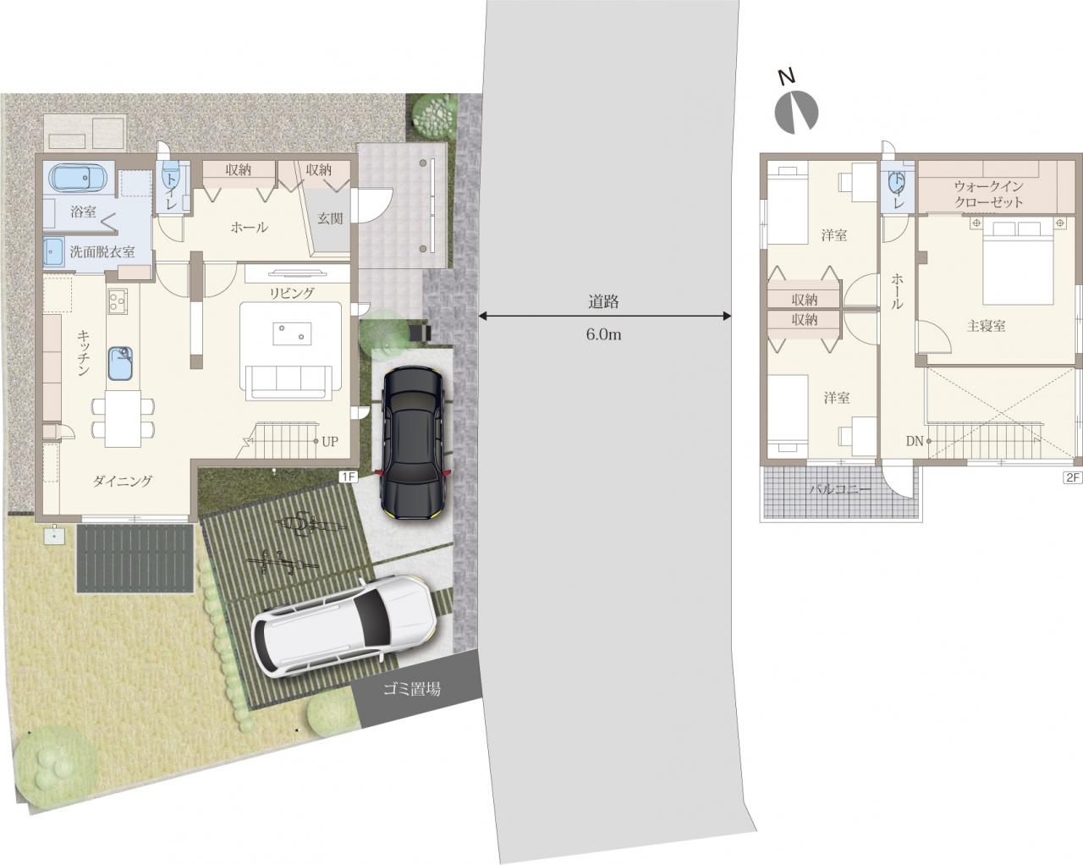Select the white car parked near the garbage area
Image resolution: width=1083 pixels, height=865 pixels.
coord(344,627)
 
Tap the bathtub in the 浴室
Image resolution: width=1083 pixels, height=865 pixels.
coord(79,179)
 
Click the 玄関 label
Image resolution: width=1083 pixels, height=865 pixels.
coord(330,218)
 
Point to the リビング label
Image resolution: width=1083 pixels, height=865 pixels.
coord(292,293)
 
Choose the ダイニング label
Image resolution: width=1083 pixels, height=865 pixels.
coord(123,481)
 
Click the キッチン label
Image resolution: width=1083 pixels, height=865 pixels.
coord(84,353)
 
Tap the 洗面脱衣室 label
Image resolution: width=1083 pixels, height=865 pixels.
coord(102,251)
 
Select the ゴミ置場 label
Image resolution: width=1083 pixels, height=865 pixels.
coord(412,689)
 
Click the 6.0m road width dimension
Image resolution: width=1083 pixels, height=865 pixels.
coord(603,334)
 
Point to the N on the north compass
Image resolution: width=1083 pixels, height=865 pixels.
coord(786,78)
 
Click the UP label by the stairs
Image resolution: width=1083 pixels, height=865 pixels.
coord(330,442)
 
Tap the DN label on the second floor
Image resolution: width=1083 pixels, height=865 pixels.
coord(915,442)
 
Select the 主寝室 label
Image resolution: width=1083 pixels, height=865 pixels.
coord(986,326)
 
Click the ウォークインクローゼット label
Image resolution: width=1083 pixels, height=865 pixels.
coord(988,195)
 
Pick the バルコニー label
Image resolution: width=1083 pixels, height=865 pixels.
coord(840,489)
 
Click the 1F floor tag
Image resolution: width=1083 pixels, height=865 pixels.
coord(348,477)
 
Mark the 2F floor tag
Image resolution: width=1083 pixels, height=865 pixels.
coord(1073,477)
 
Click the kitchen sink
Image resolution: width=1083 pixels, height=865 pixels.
coord(120,363)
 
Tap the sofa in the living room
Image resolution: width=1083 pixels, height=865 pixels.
coord(289,383)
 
